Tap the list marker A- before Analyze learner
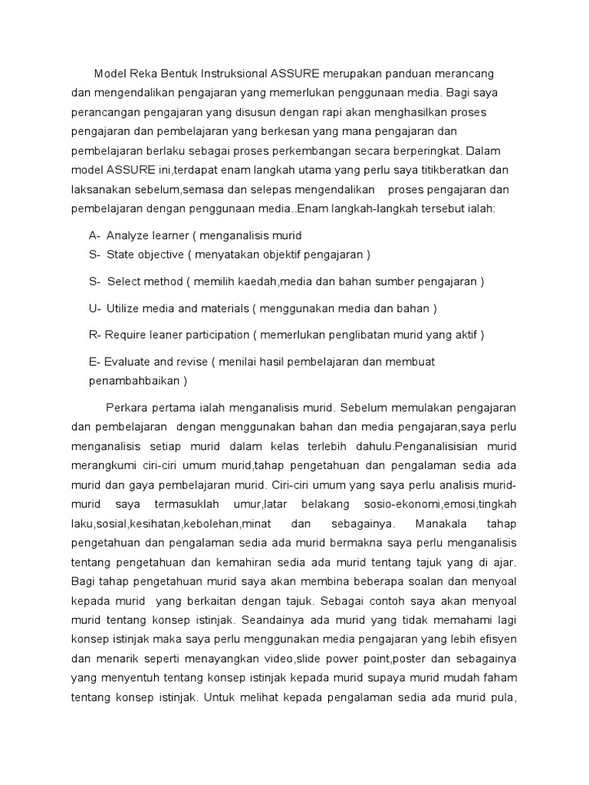pyautogui.click(x=95, y=235)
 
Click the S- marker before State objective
pyautogui.click(x=95, y=254)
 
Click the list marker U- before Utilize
pyautogui.click(x=95, y=308)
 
